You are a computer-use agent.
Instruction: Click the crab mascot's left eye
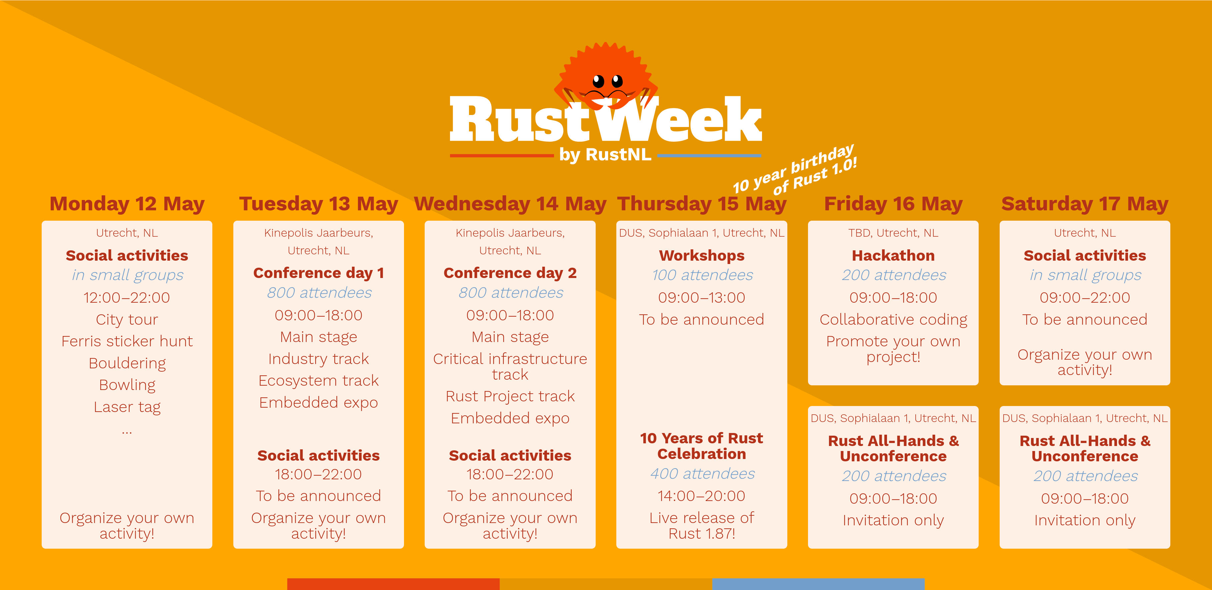coord(598,81)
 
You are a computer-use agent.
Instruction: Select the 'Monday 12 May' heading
coord(127,204)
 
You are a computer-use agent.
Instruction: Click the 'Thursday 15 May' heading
coord(702,204)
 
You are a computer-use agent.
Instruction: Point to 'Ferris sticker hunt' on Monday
coord(127,341)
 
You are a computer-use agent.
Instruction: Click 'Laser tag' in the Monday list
coord(127,407)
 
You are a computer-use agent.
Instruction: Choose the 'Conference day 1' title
coord(319,273)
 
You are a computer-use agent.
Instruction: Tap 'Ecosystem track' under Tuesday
coord(319,381)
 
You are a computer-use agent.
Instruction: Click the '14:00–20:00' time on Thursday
coord(702,496)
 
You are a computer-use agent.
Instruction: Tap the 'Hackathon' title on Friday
coord(893,255)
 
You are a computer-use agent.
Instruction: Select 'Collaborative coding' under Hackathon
coord(893,320)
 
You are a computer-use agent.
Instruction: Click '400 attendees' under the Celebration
coord(702,474)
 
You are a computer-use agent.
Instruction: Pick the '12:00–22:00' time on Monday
coord(127,298)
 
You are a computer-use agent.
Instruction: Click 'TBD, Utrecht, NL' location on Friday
coord(893,233)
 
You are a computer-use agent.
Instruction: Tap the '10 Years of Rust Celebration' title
coord(702,446)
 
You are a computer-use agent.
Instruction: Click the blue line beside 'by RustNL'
coord(709,155)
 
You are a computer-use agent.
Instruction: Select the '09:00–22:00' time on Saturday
coord(1084,298)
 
